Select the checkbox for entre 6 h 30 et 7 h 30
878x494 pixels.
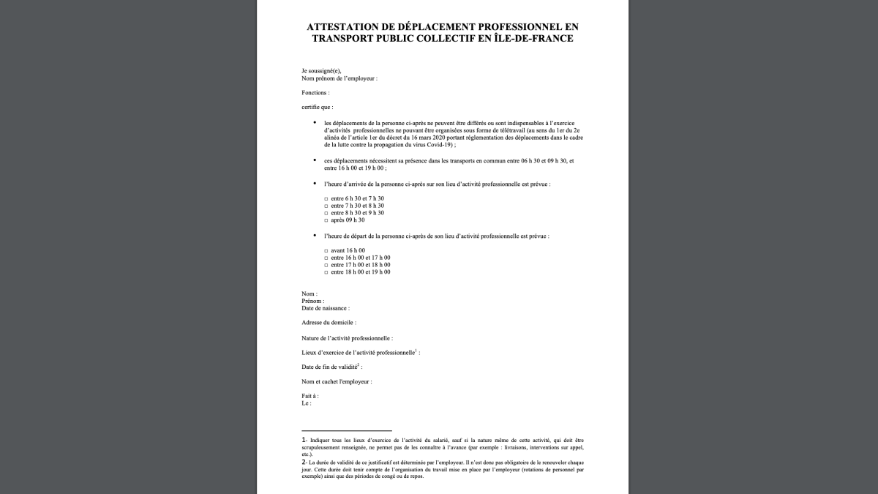point(326,198)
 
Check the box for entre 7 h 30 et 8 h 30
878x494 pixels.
point(326,206)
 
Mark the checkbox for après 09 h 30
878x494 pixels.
point(326,220)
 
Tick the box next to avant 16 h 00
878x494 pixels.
point(326,250)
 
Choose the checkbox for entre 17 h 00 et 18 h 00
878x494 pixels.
point(326,265)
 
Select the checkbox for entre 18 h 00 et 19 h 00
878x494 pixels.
point(326,272)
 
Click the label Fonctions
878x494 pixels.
point(315,93)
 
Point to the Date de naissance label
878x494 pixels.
point(325,308)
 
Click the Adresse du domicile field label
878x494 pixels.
point(329,323)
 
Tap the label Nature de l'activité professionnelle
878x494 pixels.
point(347,338)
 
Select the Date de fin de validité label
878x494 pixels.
point(331,367)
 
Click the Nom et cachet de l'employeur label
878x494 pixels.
point(337,382)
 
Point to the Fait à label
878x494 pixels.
point(309,396)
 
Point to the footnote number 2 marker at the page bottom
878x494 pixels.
point(304,462)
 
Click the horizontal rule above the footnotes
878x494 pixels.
point(346,431)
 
